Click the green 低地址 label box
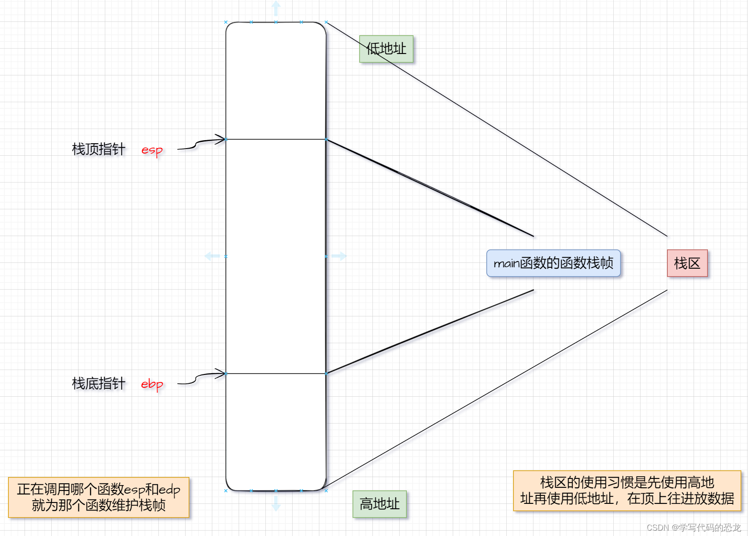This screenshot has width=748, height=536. pos(386,49)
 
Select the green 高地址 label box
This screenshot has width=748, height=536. pos(380,504)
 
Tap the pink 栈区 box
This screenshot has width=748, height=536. pos(687,263)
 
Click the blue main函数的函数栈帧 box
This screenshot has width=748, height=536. pos(553,263)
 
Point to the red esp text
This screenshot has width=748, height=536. pos(152,150)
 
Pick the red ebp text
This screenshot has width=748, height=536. pos(152,384)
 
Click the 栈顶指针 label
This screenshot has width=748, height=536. pos(99,149)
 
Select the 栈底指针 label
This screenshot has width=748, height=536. pos(99,383)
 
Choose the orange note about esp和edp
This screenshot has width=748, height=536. pos(99,497)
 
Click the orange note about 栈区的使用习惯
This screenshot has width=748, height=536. pos(627,490)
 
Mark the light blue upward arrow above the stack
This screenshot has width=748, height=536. pos(276,8)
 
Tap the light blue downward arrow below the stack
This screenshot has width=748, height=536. pos(276,503)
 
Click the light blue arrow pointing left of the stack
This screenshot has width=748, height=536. pos(212,256)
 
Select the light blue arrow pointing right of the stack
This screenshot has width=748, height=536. pos(339,256)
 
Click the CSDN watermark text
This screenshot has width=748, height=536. pos(693,528)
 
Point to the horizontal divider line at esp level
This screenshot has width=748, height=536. pos(276,139)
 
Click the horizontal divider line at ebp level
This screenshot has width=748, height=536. pos(276,374)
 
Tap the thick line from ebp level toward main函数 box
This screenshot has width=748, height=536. pos(430,332)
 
